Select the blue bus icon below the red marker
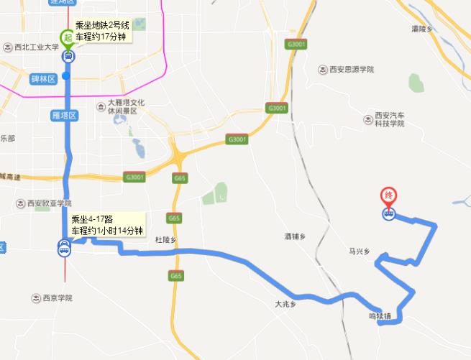(x=388, y=213)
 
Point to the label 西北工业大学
(x=35, y=48)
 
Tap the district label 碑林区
(x=43, y=78)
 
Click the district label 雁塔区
(x=65, y=114)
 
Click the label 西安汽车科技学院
(x=390, y=119)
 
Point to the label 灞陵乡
(x=424, y=29)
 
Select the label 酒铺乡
(x=296, y=236)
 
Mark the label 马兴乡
(x=358, y=251)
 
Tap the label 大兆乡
(x=285, y=305)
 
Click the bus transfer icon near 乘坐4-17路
(x=64, y=249)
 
